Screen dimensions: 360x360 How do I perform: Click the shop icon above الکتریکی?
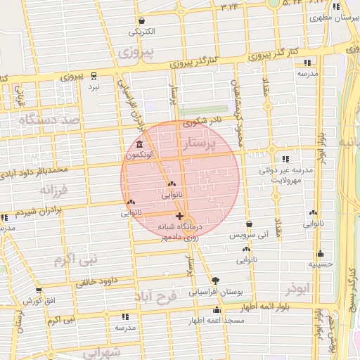click(143, 20)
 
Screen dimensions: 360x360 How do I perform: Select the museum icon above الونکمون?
click(141, 143)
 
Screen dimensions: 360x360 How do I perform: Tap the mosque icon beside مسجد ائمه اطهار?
click(217, 309)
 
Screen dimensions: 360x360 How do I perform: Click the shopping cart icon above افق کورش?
click(39, 290)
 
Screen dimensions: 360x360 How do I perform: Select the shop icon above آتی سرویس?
click(250, 224)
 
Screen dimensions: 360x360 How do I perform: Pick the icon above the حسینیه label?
click(321, 254)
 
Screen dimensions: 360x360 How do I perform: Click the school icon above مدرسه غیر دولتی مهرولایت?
click(285, 159)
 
